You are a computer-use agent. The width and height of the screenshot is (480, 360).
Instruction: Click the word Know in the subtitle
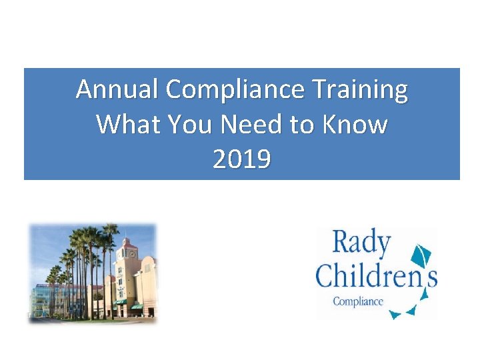(x=357, y=124)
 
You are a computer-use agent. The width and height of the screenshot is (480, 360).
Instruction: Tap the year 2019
(x=241, y=159)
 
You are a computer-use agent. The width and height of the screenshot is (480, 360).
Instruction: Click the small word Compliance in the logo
(x=358, y=301)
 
